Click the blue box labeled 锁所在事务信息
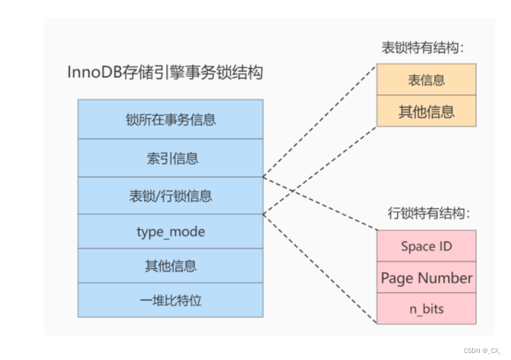coord(170,119)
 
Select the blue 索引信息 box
coord(170,157)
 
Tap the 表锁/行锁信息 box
coord(170,196)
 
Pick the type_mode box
coord(170,231)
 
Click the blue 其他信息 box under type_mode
coord(170,265)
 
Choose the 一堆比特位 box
coord(170,300)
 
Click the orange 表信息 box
coord(426,80)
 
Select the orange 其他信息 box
coord(426,111)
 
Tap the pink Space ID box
coord(426,246)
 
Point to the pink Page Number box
coord(426,278)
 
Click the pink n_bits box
coord(426,308)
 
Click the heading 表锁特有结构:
coord(424,48)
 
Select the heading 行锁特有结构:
coord(429,213)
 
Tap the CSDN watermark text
coord(482,350)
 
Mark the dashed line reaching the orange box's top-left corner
coord(321,120)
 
